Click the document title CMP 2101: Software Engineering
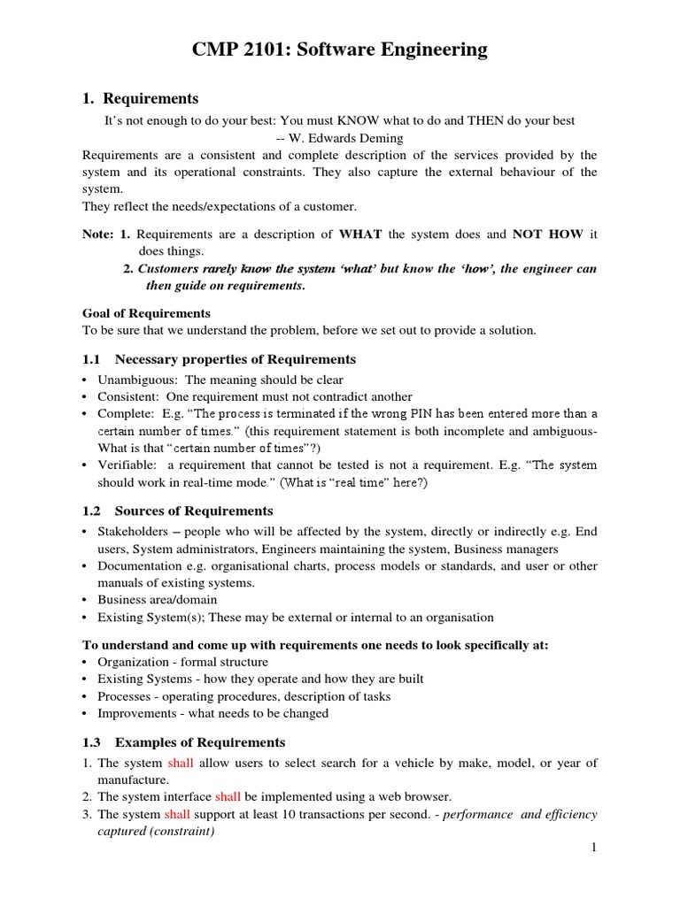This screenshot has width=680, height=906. click(340, 50)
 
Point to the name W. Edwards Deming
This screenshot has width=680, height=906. click(346, 137)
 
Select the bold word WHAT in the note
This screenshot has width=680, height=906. click(360, 234)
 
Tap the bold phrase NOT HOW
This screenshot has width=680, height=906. click(548, 234)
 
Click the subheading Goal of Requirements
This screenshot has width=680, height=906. click(146, 313)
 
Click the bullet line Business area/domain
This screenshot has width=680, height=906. click(157, 600)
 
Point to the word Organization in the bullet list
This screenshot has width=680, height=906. click(133, 662)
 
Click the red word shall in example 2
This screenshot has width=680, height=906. click(228, 797)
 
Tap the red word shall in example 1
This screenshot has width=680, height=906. click(180, 763)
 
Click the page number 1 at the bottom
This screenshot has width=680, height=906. click(594, 848)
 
